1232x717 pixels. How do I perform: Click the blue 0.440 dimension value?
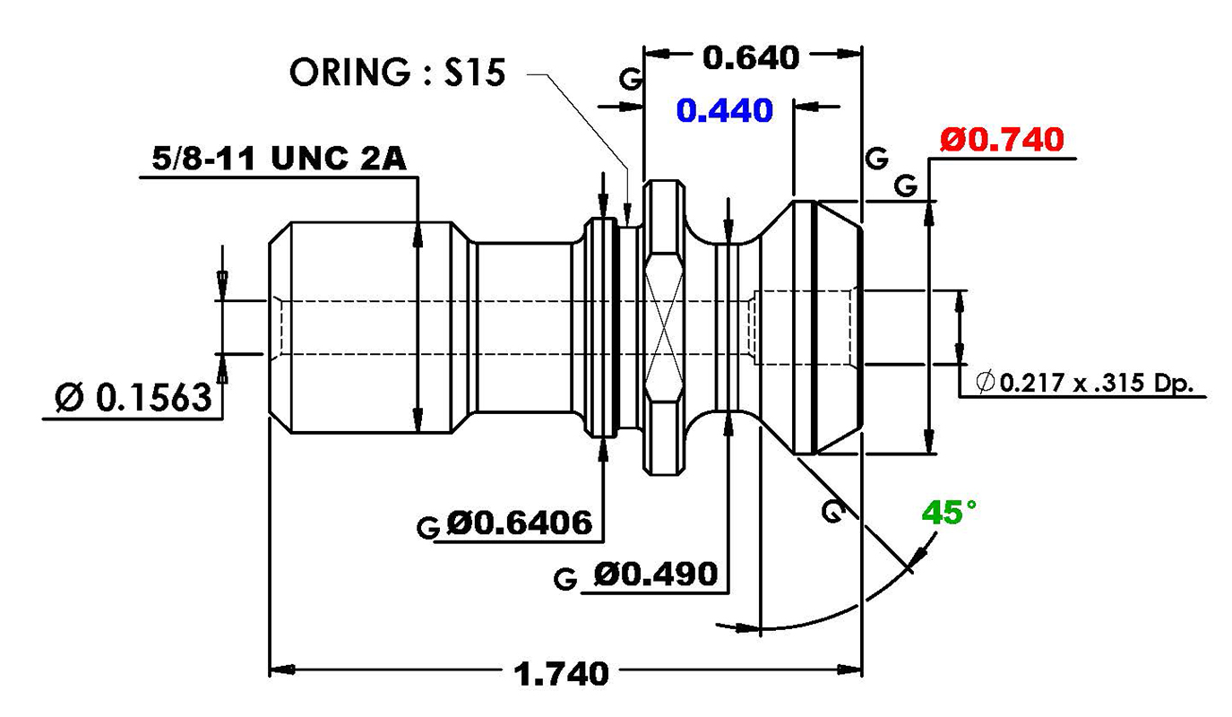pos(724,110)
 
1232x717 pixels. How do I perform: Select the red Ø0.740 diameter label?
pos(1002,140)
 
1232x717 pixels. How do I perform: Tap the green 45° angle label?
pos(949,513)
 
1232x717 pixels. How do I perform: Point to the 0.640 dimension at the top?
pos(751,57)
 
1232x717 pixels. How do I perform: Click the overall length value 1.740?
pos(561,674)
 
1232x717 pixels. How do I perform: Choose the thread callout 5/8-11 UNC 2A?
pos(279,159)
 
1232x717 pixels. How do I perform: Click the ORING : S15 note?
pos(397,72)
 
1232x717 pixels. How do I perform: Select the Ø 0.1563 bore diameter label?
pos(134,397)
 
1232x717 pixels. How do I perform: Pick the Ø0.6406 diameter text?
pos(519,523)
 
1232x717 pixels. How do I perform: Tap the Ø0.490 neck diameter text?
pos(656,574)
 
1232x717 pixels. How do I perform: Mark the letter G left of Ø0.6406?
pos(428,528)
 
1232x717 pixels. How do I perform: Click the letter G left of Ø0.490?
pos(565,580)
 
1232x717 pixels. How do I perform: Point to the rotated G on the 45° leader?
pos(834,511)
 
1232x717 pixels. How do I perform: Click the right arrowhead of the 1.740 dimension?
pos(849,669)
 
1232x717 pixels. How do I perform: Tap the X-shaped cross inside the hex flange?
pos(665,326)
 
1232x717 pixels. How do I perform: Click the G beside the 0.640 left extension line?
pos(631,79)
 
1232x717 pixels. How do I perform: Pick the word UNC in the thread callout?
pos(310,159)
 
